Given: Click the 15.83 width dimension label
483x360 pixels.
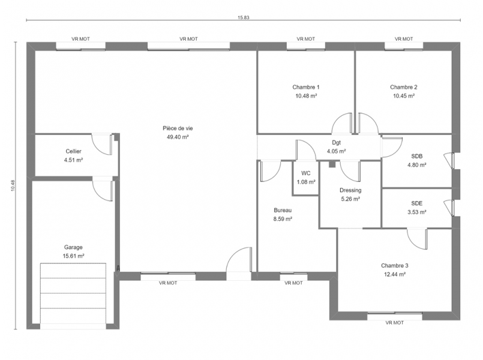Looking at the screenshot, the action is [244, 17].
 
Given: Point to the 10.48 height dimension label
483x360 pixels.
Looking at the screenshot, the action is [13, 185].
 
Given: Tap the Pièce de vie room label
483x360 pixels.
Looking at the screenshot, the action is [178, 128].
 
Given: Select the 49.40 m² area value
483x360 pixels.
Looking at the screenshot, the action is [178, 137].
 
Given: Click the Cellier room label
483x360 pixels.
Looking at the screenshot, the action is [74, 151].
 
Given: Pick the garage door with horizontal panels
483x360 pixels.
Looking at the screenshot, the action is [73, 296].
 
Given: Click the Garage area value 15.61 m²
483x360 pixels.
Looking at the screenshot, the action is [74, 256].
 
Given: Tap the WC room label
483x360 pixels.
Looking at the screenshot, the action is [306, 173].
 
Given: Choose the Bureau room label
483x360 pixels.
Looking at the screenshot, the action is [283, 211].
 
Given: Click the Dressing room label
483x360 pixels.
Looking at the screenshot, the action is [350, 190].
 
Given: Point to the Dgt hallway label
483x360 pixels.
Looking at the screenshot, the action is [337, 143].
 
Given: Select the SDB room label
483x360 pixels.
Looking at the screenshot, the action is [417, 156].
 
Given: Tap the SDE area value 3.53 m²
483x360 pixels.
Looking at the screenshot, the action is [417, 212].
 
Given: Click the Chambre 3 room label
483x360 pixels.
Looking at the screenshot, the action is [395, 265].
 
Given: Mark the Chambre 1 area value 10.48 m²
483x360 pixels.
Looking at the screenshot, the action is [306, 96].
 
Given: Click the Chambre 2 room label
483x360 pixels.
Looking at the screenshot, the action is [404, 87].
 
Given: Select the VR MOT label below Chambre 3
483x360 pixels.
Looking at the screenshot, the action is [394, 323].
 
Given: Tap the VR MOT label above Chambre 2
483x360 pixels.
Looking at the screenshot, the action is [404, 39].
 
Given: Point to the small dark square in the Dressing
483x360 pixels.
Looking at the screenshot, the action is [332, 164].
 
